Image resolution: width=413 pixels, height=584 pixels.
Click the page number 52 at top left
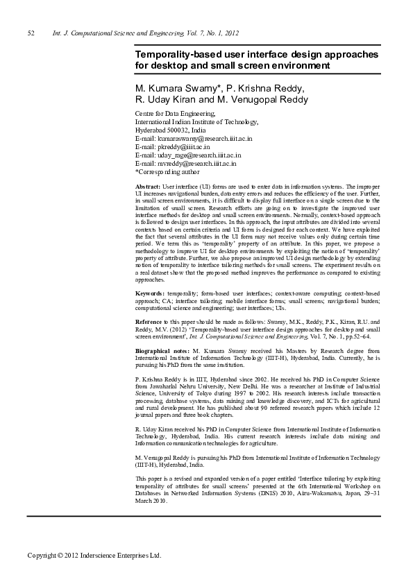[31, 33]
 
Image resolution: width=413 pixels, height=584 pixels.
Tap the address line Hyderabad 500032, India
[170, 130]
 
